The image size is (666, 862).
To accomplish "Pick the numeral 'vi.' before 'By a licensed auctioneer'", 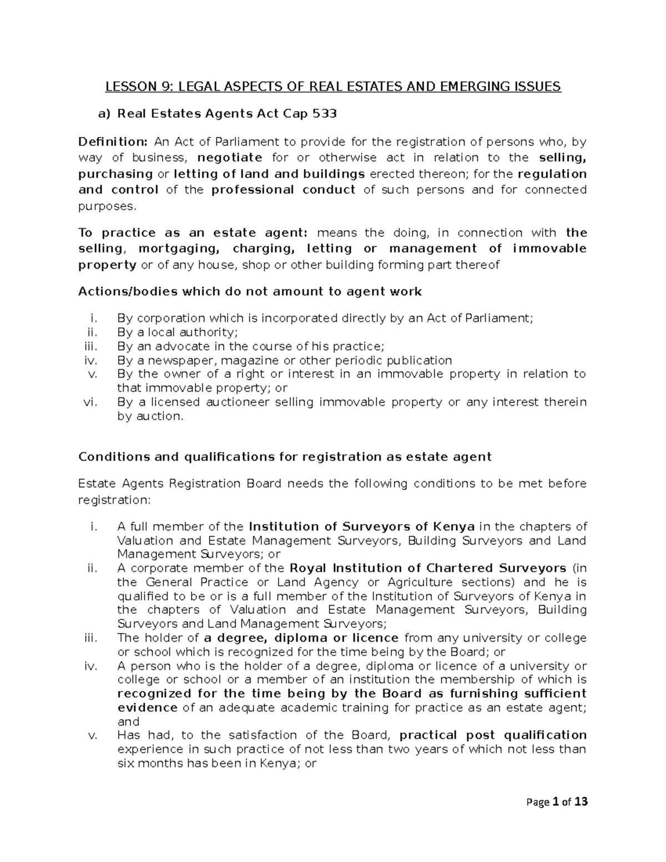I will click(89, 402).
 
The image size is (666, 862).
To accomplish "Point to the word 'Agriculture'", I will click(414, 582).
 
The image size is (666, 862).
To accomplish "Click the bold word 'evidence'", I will click(148, 708).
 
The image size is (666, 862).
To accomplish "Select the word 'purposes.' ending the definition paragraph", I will click(107, 206).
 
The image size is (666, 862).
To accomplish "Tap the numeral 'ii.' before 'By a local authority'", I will click(91, 332).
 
